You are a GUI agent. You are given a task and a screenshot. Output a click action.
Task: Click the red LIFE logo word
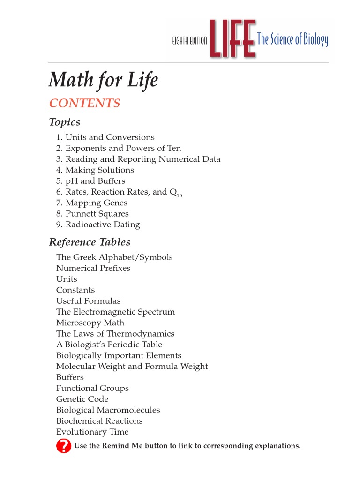click(x=232, y=39)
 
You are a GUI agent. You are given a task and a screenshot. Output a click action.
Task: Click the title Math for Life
click(x=103, y=80)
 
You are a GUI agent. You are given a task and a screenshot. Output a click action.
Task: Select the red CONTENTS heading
click(x=84, y=103)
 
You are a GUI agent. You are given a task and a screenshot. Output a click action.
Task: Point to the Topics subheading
click(x=65, y=122)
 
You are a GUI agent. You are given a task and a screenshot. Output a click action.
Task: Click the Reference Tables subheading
click(x=90, y=242)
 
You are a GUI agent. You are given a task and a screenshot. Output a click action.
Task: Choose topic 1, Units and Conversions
click(x=105, y=137)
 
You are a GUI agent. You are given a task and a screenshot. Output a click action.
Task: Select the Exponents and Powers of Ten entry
click(x=118, y=148)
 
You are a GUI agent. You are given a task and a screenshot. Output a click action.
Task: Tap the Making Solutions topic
click(x=95, y=170)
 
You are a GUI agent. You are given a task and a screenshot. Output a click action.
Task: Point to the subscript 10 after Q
click(x=179, y=195)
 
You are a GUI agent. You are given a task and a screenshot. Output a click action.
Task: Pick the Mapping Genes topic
click(x=91, y=203)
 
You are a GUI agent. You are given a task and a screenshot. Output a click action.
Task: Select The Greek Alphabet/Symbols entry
click(x=114, y=257)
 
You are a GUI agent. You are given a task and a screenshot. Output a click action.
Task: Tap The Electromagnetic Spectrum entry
click(x=115, y=312)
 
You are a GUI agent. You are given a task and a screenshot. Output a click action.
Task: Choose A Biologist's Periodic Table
click(x=109, y=345)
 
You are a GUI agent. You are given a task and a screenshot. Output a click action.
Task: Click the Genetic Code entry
click(x=82, y=399)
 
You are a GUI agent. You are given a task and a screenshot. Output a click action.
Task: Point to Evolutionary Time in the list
click(x=92, y=432)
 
